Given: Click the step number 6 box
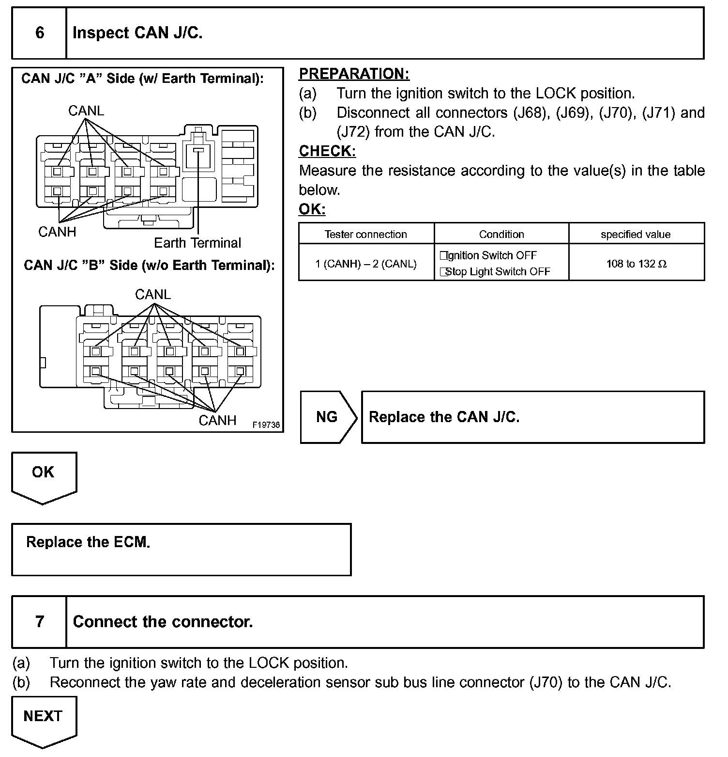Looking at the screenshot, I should pos(39,33).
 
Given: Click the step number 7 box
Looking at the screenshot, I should pos(39,622).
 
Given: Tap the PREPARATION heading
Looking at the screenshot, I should pos(354,74).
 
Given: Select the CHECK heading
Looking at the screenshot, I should pos(327,151).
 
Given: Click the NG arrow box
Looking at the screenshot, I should pos(328,417).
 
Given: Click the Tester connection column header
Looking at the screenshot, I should pos(366,234).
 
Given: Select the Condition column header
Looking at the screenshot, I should pos(501,234).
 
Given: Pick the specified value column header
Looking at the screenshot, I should pos(636,234).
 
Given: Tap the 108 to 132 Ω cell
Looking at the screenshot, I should pos(636,264).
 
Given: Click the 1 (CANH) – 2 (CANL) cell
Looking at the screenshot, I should pos(366,264).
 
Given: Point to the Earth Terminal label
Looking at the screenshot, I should pos(197,243).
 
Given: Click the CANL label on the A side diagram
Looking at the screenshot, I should pos(86,111).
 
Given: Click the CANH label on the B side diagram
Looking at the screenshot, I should pos(217,420).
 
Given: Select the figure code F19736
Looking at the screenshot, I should pos(266,425).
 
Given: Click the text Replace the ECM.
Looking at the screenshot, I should pos(88,542).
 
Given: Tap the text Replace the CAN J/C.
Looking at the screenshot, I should pos(444,417).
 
